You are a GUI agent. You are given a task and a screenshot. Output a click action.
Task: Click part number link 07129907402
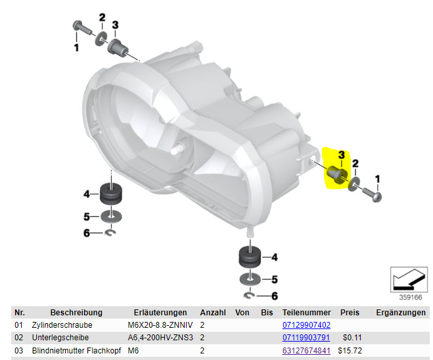tap(306, 325)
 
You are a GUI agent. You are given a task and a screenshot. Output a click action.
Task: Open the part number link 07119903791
tap(306, 338)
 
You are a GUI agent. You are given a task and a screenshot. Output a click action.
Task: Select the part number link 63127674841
tap(306, 351)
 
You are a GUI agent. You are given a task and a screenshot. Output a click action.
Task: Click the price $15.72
tap(350, 351)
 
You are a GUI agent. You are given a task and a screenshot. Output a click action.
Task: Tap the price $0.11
tap(352, 338)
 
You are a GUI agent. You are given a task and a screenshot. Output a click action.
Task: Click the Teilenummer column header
tap(307, 313)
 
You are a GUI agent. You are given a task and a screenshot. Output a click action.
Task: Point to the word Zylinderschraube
tap(62, 325)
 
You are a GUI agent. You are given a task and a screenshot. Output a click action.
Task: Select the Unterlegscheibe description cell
tap(60, 338)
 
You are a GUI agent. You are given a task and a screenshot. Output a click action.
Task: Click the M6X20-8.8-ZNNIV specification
tap(160, 325)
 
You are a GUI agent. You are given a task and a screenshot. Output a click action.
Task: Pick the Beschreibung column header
tap(76, 313)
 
